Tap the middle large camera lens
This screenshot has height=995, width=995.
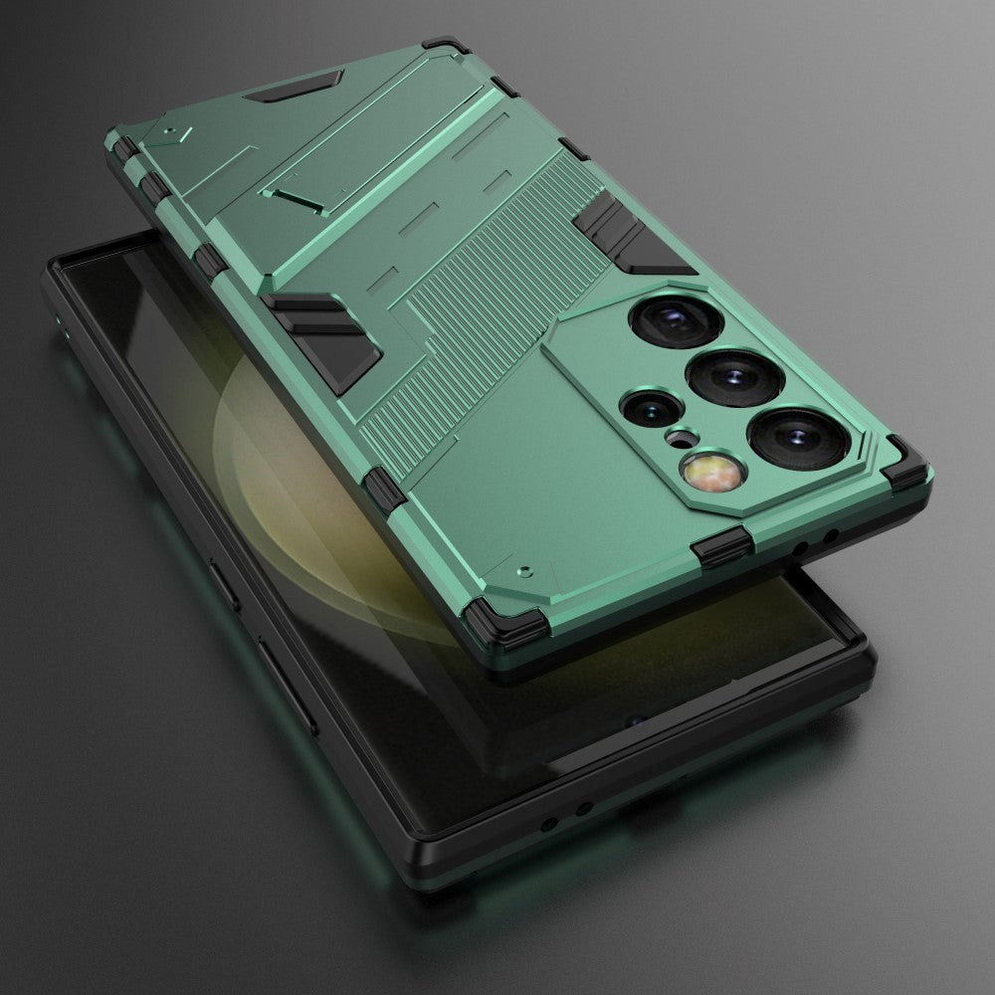pos(733,379)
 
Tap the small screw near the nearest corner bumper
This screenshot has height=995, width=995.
pos(526,572)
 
